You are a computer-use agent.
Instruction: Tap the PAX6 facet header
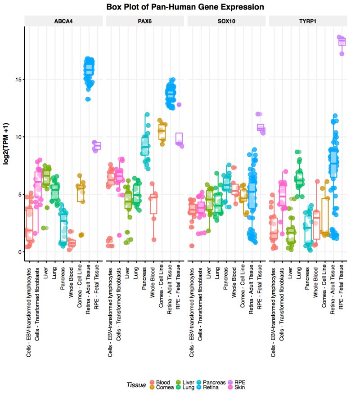pos(145,21)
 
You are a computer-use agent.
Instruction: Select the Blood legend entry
pos(162,382)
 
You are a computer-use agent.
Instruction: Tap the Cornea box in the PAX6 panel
pos(162,132)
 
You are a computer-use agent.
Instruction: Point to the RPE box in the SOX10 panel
pos(261,128)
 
